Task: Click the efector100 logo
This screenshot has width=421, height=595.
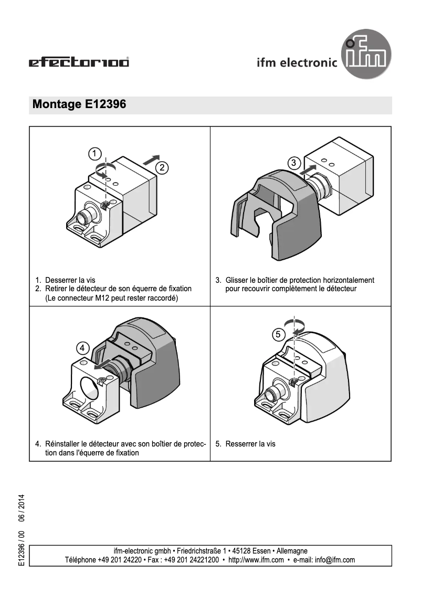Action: coord(79,63)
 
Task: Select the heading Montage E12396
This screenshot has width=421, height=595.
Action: coord(79,104)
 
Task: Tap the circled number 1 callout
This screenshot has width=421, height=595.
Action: coord(94,154)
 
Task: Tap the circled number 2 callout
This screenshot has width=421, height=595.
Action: coord(162,168)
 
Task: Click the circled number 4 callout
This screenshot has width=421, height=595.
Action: coord(83,348)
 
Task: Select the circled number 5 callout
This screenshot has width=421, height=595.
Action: coord(279,334)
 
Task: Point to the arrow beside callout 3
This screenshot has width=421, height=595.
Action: coord(309,169)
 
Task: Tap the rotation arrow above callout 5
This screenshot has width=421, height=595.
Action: coord(294,325)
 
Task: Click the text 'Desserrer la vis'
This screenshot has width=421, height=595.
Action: coord(70,280)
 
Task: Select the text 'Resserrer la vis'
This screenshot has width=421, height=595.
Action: coord(250,444)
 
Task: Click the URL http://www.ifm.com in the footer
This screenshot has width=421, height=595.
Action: coord(256,560)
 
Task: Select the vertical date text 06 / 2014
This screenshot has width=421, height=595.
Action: coord(22,508)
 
